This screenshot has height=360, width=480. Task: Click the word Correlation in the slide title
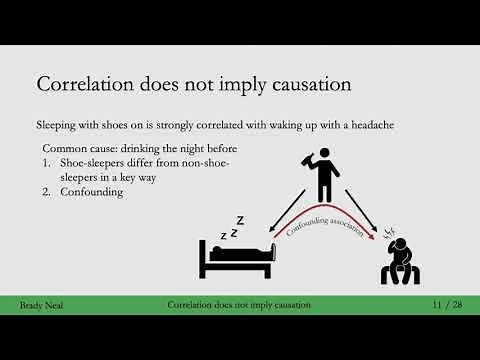(x=83, y=83)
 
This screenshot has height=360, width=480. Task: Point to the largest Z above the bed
(x=240, y=220)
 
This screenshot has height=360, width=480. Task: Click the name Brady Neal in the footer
(x=40, y=303)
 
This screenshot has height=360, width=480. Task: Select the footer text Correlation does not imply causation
(x=239, y=303)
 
